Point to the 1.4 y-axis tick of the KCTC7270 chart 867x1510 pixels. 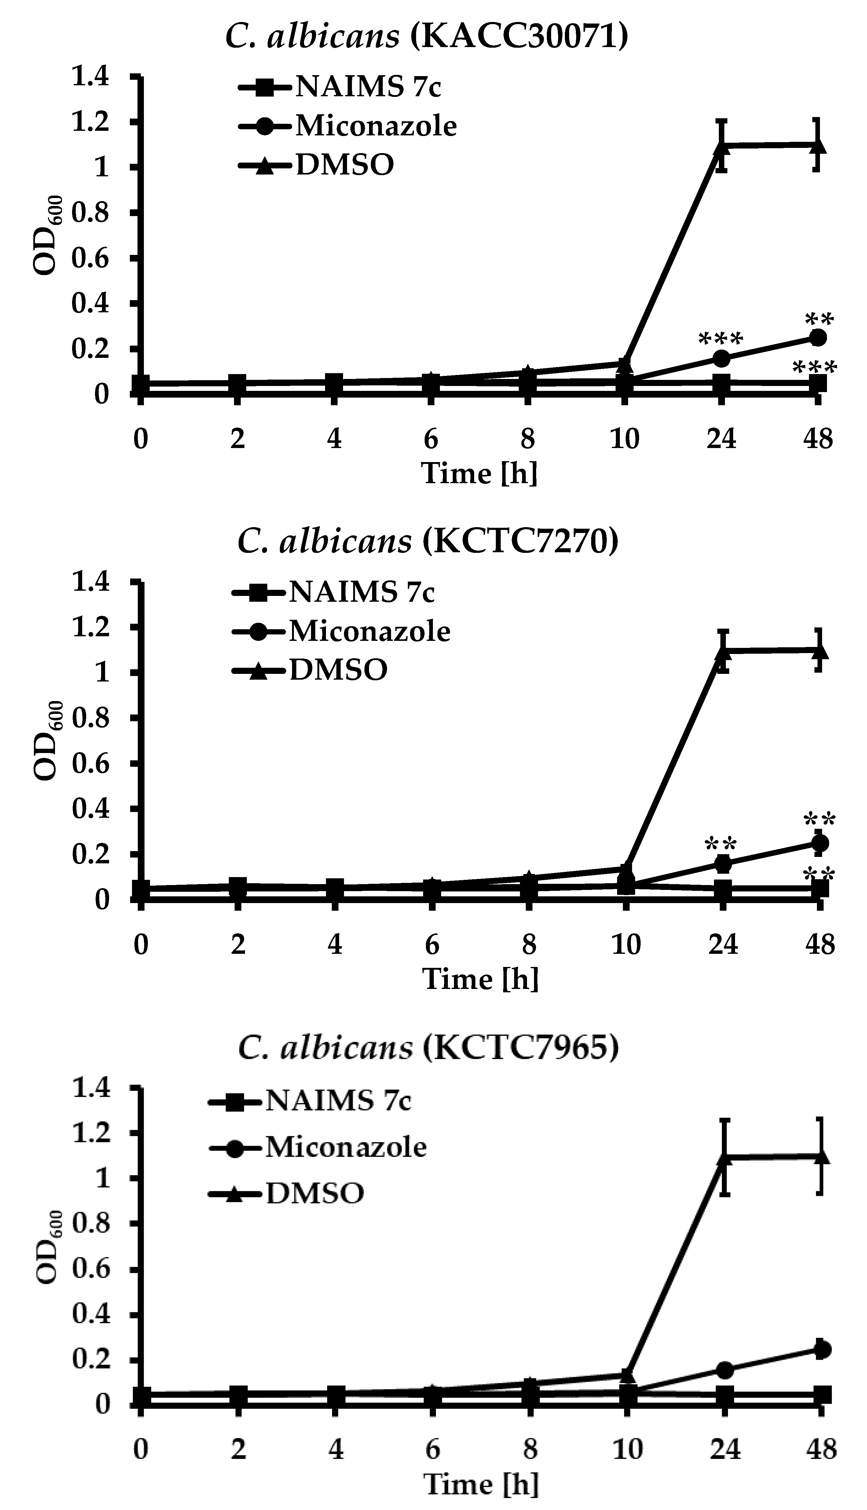click(91, 582)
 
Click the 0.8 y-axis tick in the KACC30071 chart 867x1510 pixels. click(91, 213)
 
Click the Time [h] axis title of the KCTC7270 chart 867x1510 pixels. click(480, 979)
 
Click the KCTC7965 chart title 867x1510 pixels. click(428, 1048)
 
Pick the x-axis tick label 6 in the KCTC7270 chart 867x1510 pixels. click(432, 944)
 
